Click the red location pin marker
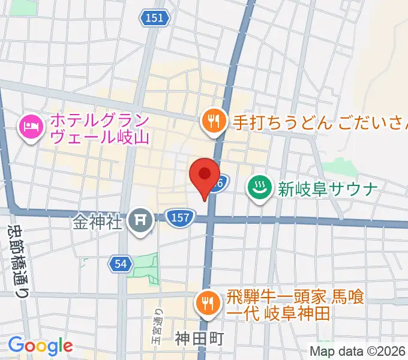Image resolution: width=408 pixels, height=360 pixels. pos(204,175)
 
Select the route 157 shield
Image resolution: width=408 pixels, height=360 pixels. pos(179,217)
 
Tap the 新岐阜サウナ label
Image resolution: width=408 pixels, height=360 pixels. pos(327,189)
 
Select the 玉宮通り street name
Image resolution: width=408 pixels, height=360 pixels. pos(158,327)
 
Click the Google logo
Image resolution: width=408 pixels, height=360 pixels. pos(40,346)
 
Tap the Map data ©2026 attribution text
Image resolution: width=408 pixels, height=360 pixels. pos(358,351)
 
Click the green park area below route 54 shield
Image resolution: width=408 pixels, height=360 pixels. pos(144,270)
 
